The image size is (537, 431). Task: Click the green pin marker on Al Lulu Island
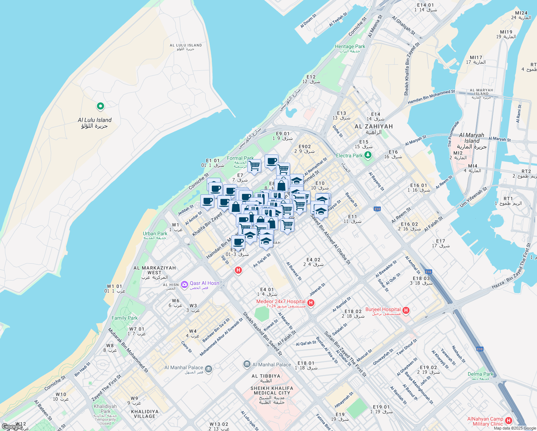101,106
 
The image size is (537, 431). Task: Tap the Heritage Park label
350,47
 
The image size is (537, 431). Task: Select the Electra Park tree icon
368,155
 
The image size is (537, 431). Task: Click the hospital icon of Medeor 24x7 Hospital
311,303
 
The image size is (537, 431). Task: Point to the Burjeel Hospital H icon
406,310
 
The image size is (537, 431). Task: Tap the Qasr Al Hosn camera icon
185,285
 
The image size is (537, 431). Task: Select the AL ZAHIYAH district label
374,126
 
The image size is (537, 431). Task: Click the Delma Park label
481,374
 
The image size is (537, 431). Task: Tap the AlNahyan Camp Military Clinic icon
508,421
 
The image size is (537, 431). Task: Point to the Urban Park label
155,233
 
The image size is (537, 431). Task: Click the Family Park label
125,318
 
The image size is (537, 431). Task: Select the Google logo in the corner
12,427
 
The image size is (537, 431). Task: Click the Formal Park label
240,158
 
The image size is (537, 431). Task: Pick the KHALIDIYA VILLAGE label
145,414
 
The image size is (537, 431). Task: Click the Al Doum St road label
308,21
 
